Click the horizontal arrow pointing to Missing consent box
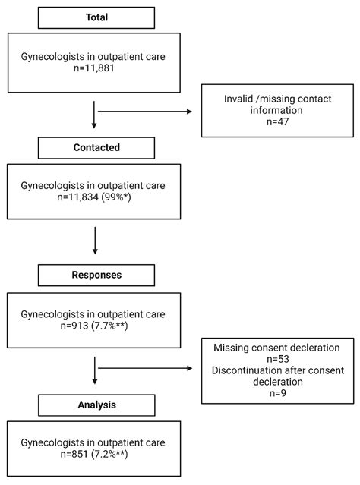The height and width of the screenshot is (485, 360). coord(145,370)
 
